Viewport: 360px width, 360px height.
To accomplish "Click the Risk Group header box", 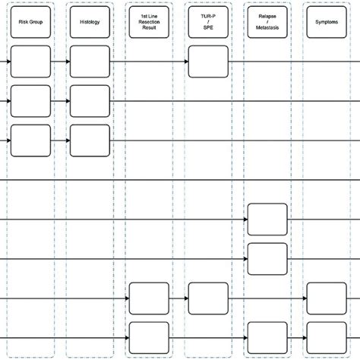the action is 30,22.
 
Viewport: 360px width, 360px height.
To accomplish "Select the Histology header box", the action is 90,22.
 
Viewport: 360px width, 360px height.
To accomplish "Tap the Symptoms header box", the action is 327,22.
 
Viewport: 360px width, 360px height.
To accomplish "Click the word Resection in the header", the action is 149,22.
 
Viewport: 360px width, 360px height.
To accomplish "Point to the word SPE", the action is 208,27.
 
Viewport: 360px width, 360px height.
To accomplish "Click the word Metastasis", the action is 267,27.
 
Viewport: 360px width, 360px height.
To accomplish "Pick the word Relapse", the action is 267,16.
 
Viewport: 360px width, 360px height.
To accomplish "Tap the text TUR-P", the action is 208,16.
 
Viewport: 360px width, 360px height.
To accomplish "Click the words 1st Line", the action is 149,16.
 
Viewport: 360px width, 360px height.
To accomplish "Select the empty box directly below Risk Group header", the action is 30,62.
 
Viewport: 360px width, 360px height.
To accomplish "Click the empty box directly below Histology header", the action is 90,62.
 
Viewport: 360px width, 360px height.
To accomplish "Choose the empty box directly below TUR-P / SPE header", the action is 208,62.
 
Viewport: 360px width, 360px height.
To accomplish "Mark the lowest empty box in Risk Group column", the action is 30,141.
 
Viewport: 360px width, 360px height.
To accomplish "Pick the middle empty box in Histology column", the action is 90,101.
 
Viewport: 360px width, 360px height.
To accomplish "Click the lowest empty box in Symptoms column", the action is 327,338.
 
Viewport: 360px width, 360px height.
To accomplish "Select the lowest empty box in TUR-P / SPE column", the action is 208,298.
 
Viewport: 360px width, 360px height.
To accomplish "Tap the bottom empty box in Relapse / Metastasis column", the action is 267,338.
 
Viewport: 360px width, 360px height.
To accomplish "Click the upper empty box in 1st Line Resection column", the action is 149,298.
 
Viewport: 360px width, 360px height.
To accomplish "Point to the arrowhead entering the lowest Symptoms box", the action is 305,338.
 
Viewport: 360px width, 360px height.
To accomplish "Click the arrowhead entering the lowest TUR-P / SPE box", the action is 186,298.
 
